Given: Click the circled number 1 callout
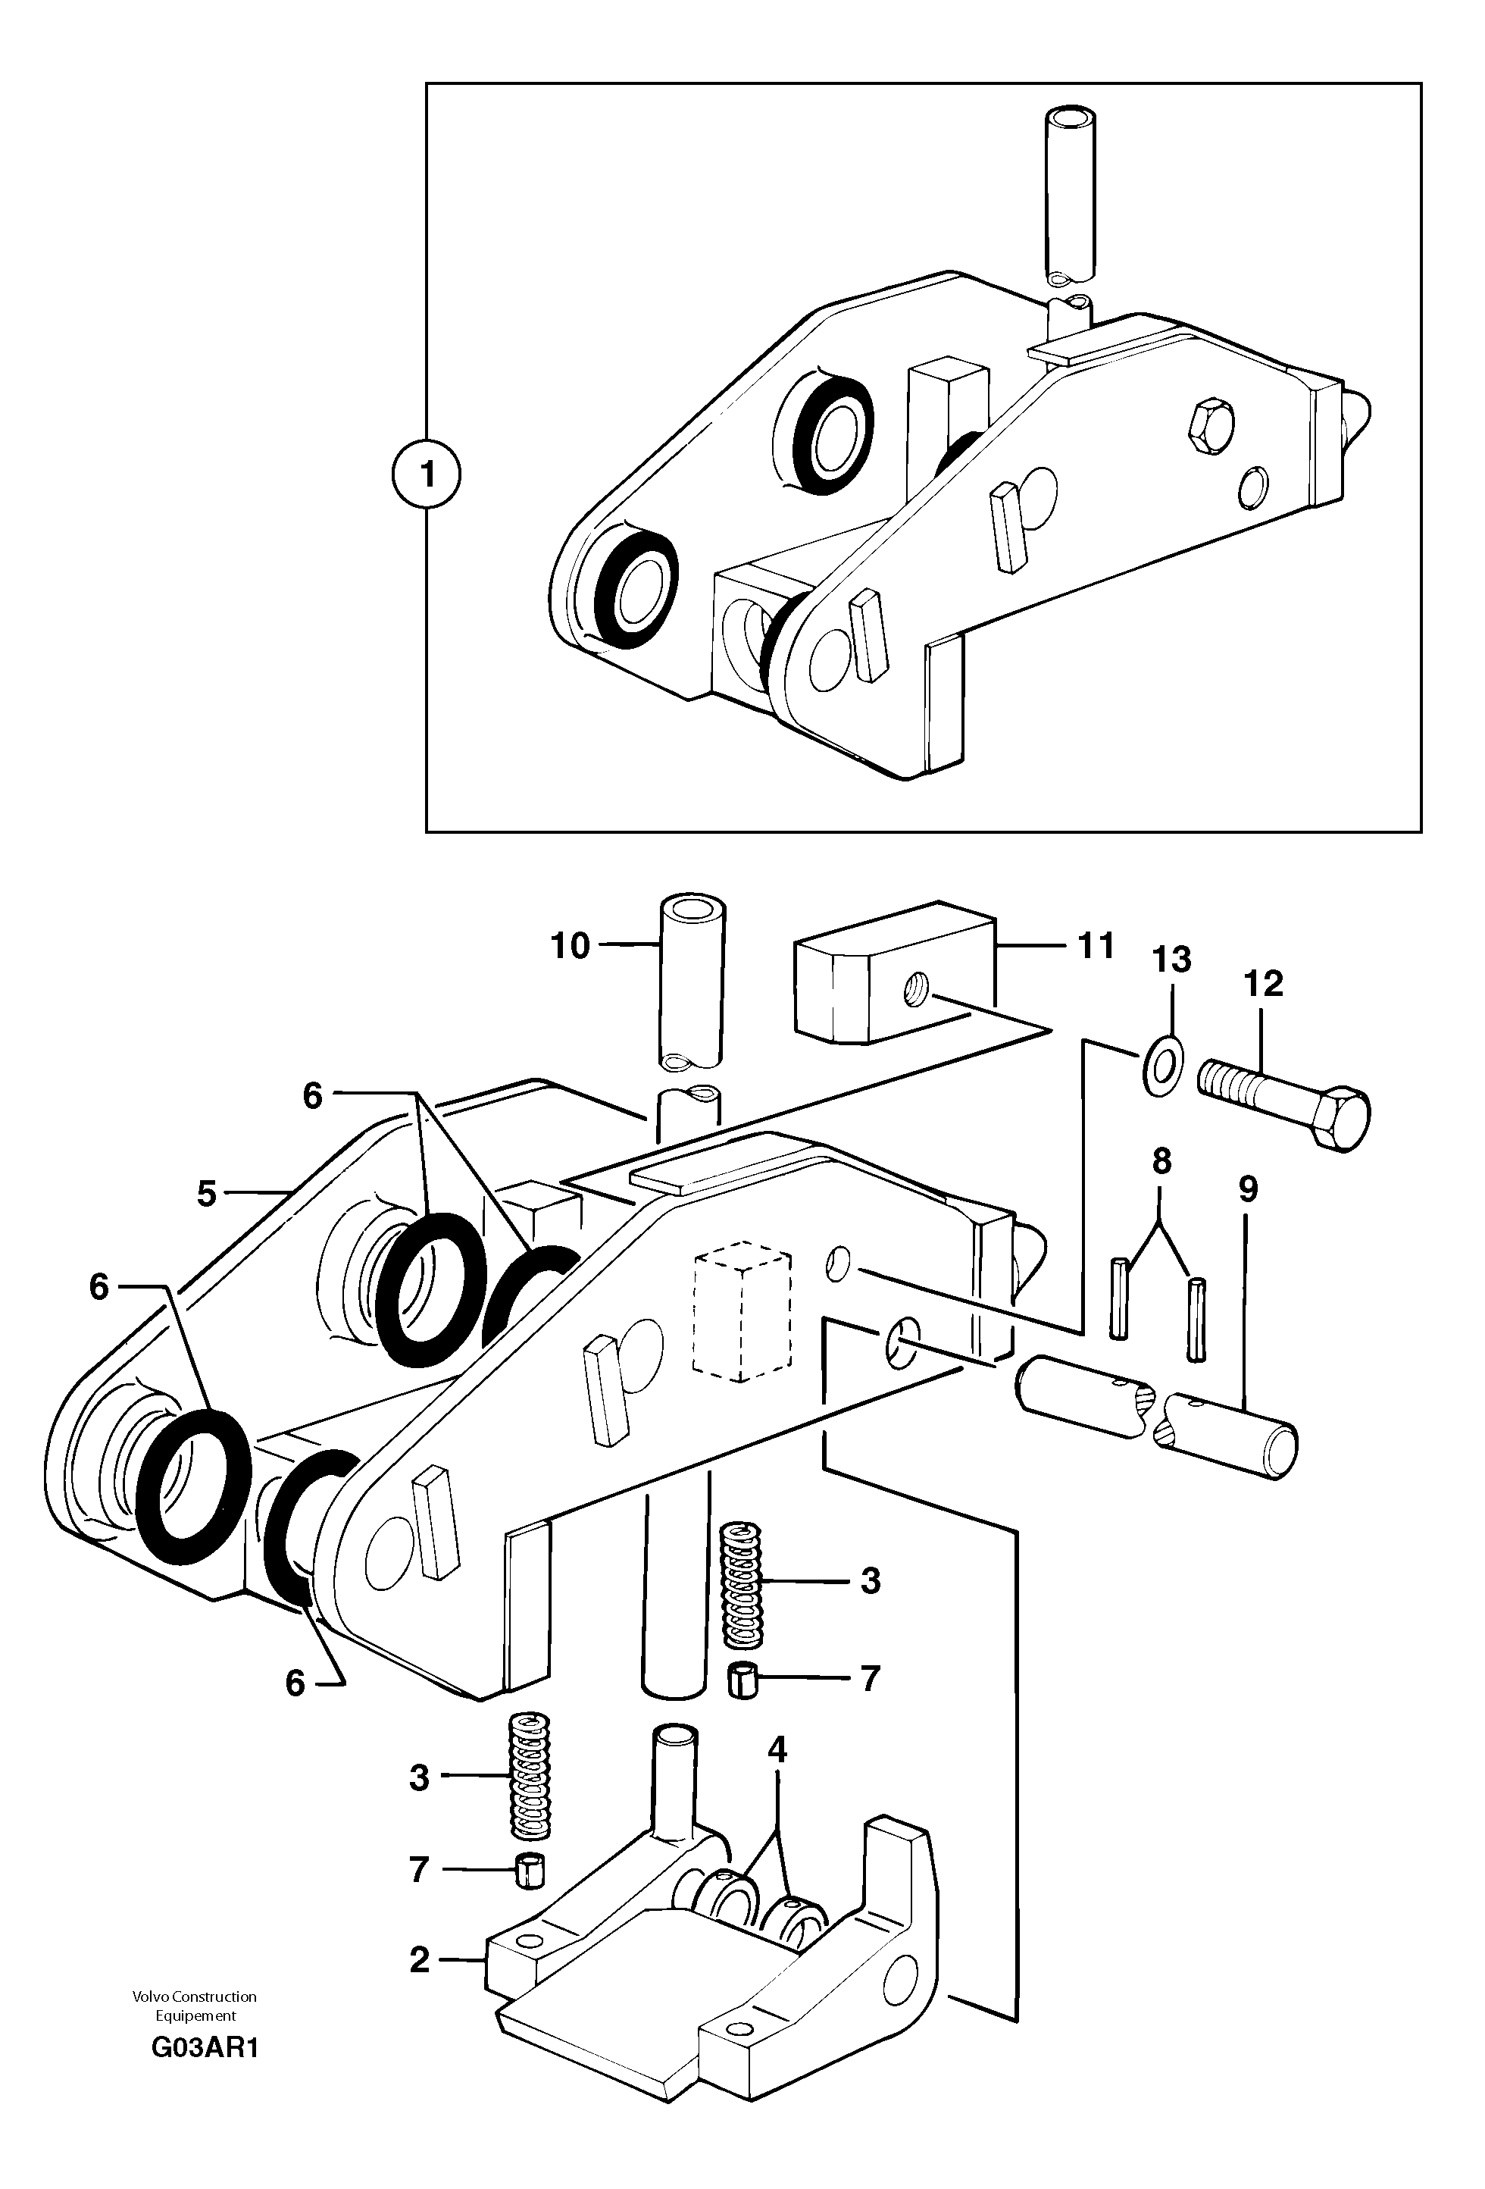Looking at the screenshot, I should point(427,476).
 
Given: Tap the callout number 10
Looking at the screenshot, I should point(570,944).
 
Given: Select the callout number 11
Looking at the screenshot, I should point(1095,944).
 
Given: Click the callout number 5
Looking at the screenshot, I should point(206,1195).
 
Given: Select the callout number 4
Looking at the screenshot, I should point(777,1750).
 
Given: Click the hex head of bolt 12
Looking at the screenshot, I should point(1339,1119).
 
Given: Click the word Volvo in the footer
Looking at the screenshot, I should point(148,1996).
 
